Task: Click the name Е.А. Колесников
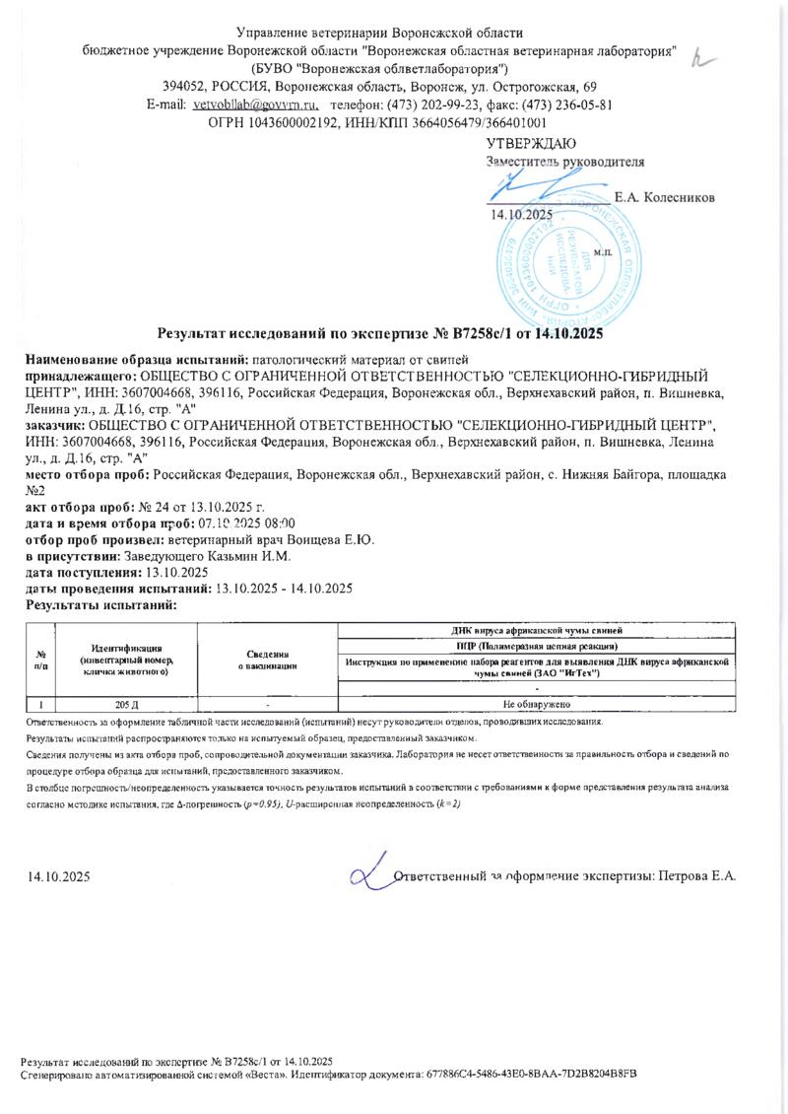pyautogui.click(x=664, y=197)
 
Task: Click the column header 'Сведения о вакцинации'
pyautogui.click(x=268, y=661)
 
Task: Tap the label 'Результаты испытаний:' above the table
pyautogui.click(x=99, y=604)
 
